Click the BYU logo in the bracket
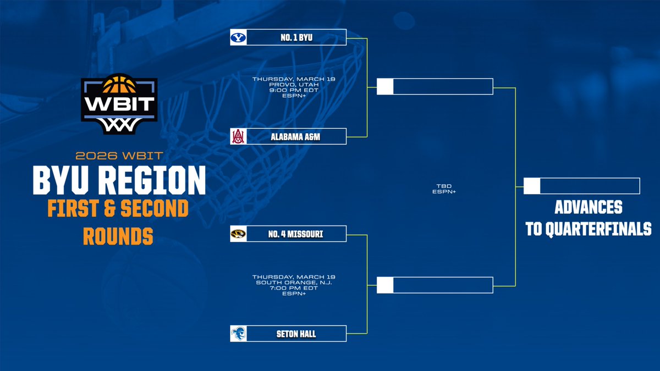coord(239,37)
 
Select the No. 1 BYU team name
coord(296,37)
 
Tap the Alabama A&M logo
coord(239,136)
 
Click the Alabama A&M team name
coord(296,136)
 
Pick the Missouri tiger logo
coord(239,235)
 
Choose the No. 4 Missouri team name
coord(296,235)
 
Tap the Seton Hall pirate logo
coord(239,334)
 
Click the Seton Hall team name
coord(296,334)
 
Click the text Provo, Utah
coord(294,84)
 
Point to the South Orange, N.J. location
coord(294,282)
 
